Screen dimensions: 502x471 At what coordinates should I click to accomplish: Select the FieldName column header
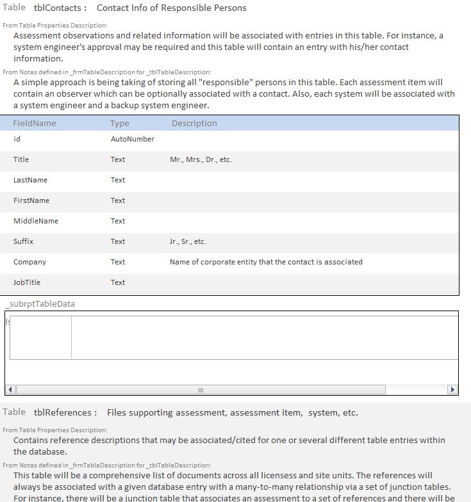(x=35, y=124)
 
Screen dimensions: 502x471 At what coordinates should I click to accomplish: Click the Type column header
(x=119, y=124)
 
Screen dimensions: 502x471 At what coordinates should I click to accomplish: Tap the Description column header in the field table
(x=194, y=124)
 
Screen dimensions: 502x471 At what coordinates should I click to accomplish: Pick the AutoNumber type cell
(x=132, y=139)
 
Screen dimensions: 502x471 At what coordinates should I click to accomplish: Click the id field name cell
(x=17, y=139)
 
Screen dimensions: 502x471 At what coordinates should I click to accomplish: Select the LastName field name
(x=30, y=180)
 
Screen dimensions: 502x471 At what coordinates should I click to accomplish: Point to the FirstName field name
(x=31, y=200)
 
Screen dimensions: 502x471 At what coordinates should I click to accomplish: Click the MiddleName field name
(x=36, y=221)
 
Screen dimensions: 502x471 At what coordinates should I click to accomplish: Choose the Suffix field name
(x=23, y=241)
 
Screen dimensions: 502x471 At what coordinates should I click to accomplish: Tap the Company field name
(x=29, y=262)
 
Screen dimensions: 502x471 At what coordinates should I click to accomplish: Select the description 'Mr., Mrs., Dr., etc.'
(x=201, y=159)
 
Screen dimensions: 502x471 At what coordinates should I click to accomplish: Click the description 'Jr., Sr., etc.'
(x=188, y=241)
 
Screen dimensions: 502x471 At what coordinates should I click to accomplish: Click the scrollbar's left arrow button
(x=10, y=389)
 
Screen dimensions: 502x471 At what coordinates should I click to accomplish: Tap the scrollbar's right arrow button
(x=452, y=389)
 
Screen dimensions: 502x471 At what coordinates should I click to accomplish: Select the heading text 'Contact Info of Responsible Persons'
(x=171, y=8)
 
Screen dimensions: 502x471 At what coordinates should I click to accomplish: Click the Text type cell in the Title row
(x=118, y=159)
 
